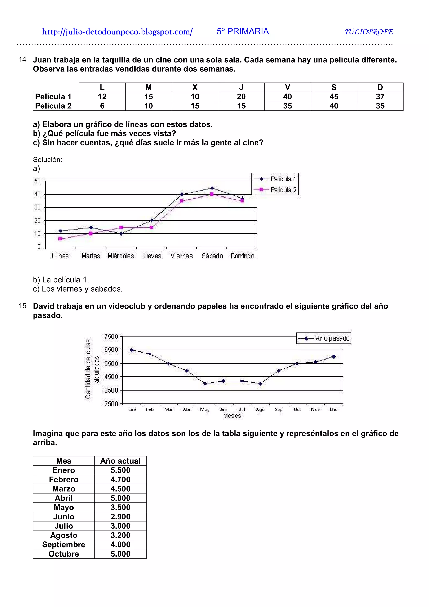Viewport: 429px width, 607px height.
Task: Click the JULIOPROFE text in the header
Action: point(368,32)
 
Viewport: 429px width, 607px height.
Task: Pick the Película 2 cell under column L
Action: point(102,106)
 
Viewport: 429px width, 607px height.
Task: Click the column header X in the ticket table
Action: point(195,87)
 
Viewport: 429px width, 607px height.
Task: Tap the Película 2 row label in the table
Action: point(53,106)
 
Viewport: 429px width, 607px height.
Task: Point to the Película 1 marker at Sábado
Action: point(212,188)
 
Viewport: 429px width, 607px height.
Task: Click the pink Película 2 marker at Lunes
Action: point(60,239)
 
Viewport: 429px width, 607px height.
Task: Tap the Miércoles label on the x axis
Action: point(121,256)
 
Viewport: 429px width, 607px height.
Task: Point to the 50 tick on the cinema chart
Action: point(37,181)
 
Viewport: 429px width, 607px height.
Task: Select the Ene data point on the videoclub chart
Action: point(132,350)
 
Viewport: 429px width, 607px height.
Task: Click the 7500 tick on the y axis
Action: point(111,337)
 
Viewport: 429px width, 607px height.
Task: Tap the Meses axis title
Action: point(232,416)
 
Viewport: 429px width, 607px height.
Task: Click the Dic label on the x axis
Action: point(333,409)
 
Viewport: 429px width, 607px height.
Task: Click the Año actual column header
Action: point(120,461)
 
